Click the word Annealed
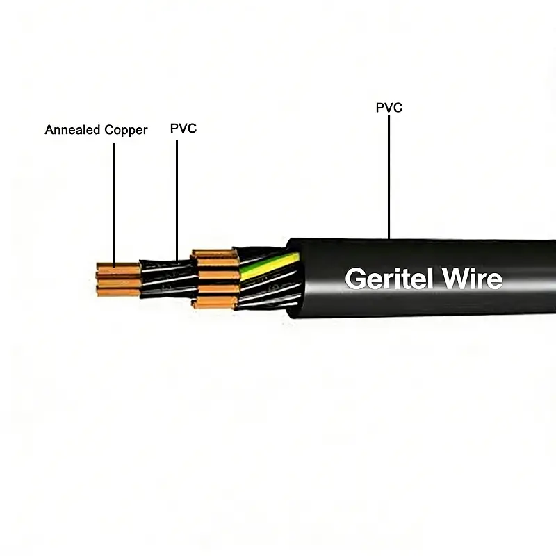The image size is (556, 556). coord(73,130)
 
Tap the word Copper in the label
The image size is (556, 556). coord(126,131)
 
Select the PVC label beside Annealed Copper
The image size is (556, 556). coord(183,129)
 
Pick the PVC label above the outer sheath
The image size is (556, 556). coord(389,108)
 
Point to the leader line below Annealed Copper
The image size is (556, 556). coord(113,202)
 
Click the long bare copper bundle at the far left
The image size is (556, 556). coord(118,279)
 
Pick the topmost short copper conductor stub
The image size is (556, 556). coord(214,254)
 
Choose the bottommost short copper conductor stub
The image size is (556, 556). coord(214,302)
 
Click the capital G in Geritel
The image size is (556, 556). coord(356,279)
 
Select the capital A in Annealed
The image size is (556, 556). coord(49,130)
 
